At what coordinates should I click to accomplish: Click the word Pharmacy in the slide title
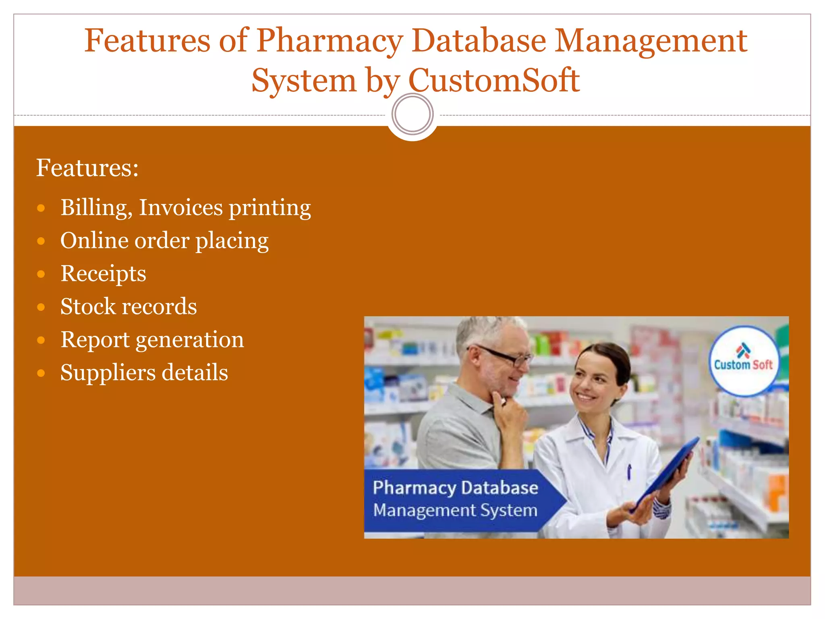(x=330, y=41)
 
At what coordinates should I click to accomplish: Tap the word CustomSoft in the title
(x=494, y=81)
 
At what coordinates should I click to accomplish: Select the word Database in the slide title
(x=479, y=41)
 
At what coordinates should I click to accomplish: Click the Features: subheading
(x=87, y=168)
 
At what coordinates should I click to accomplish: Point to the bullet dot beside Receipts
(x=41, y=274)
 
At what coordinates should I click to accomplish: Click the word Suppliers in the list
(x=107, y=372)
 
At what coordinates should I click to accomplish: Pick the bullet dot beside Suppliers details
(x=41, y=373)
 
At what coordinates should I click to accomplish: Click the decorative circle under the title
(x=412, y=114)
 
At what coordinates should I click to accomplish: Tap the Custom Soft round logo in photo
(x=743, y=360)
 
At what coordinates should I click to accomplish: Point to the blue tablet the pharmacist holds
(x=669, y=472)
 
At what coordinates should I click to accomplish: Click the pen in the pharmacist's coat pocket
(x=629, y=472)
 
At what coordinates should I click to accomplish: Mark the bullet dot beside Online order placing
(x=41, y=241)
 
